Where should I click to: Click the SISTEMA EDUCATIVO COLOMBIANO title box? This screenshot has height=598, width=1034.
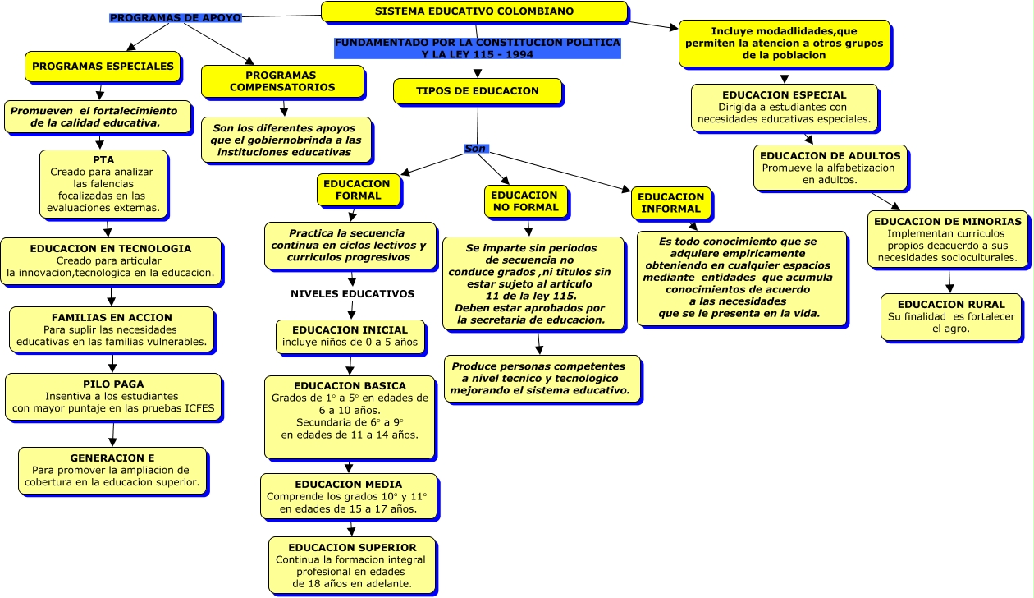474,11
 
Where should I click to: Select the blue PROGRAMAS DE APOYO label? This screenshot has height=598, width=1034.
175,18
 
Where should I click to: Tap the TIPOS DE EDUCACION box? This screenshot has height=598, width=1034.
478,91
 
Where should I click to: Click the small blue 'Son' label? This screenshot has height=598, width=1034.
475,149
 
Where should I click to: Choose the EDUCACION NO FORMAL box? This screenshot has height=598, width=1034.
525,201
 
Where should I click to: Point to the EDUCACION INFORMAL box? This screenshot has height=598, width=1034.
670,203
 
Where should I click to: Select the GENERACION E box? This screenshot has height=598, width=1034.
112,470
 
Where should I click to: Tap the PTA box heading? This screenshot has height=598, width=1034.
103,160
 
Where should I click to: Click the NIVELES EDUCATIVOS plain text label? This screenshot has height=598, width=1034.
352,293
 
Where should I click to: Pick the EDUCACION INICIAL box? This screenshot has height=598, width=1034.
350,336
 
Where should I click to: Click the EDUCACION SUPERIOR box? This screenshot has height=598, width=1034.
352,566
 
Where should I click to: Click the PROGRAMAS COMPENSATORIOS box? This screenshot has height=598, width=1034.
282,80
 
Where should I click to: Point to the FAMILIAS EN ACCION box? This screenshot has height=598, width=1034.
112,329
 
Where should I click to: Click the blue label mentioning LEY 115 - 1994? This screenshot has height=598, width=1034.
477,48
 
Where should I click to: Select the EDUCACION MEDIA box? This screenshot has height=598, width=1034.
348,497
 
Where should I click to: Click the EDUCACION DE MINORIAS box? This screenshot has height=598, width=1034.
947,239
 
